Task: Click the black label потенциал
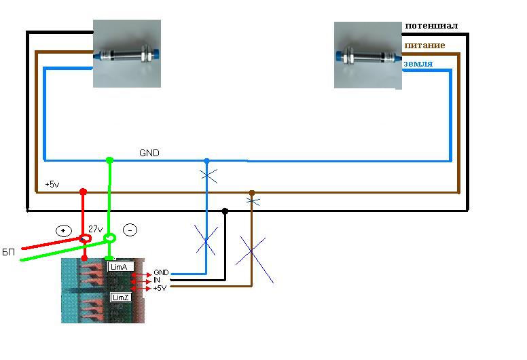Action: tap(431, 26)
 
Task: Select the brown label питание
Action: tap(425, 45)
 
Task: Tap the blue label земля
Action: tap(418, 64)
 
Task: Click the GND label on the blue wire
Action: tap(149, 153)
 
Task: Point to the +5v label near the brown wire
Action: tap(52, 184)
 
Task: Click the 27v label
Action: tap(96, 229)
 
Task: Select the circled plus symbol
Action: tap(64, 230)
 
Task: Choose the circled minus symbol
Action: tap(130, 230)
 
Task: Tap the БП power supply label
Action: tap(8, 252)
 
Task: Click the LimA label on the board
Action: tap(121, 267)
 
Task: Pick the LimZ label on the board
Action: tap(121, 298)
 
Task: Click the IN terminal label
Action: tap(157, 280)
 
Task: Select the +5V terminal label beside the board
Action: tap(160, 288)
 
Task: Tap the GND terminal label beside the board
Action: tap(161, 272)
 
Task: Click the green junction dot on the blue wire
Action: tap(109, 160)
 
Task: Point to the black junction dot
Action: tap(225, 211)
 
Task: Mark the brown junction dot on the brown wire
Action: tap(252, 193)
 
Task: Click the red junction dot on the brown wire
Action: tap(83, 192)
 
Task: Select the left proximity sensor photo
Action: tap(127, 54)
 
